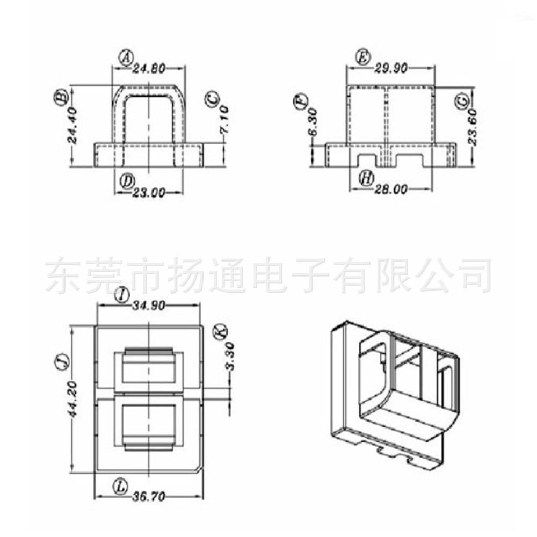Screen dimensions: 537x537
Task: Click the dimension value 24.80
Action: (149, 69)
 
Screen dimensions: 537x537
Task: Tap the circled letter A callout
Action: (126, 57)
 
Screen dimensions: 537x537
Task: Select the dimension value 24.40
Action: (72, 125)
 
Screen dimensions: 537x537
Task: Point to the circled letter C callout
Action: (213, 99)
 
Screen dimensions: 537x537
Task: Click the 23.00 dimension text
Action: (149, 193)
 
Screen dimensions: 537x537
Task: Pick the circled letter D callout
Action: (127, 182)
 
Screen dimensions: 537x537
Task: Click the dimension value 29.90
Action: (391, 69)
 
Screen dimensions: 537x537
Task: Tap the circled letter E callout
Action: (363, 57)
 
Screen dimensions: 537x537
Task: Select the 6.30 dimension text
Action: (313, 122)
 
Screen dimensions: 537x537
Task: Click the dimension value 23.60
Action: (473, 127)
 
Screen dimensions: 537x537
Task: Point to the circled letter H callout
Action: (366, 178)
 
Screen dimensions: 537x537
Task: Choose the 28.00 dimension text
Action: (391, 189)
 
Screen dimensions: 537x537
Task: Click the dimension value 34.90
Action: (149, 306)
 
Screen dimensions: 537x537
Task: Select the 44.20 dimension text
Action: (73, 398)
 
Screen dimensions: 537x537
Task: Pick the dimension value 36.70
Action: (149, 496)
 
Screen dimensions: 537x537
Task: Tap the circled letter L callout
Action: (120, 487)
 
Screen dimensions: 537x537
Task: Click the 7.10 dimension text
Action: (224, 120)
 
